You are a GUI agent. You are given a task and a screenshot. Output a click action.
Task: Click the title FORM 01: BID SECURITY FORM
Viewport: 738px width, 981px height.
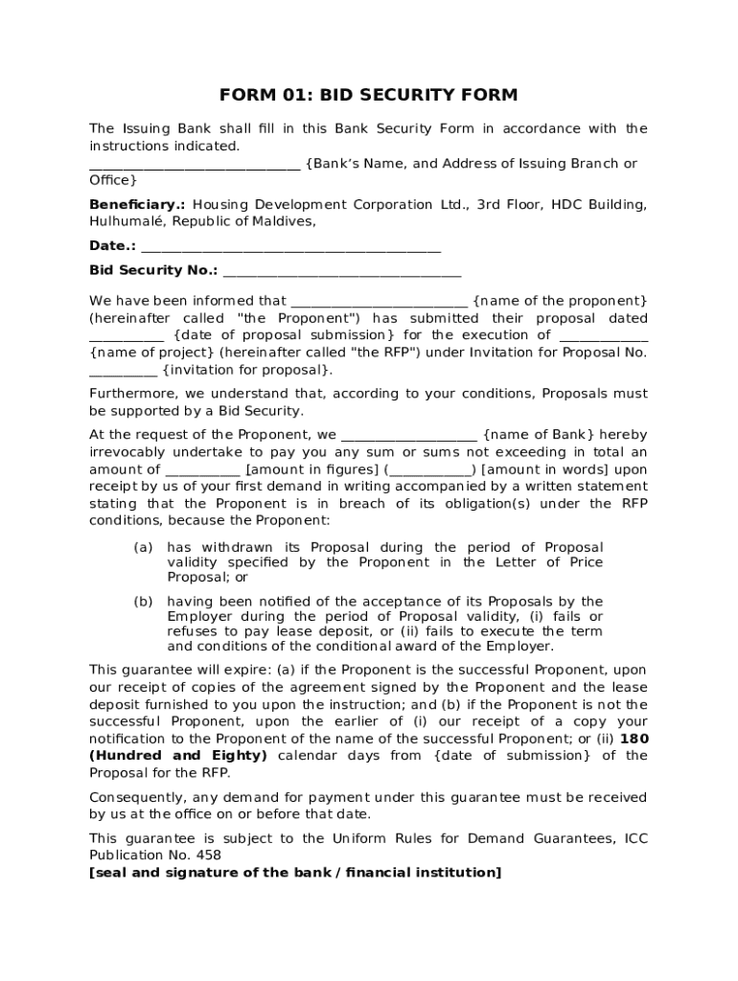[x=368, y=95]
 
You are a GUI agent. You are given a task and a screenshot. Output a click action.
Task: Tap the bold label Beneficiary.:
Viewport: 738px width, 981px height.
[x=138, y=205]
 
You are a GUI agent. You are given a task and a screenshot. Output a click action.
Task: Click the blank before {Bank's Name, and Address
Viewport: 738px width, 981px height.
[x=195, y=166]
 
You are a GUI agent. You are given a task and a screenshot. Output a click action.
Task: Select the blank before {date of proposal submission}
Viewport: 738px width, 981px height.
[x=127, y=337]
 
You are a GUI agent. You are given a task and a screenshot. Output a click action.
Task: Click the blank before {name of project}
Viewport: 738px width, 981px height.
[x=603, y=337]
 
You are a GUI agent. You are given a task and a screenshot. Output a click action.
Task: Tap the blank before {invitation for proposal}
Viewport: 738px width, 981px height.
[x=123, y=372]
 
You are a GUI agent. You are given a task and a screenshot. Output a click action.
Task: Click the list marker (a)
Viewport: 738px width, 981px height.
[x=143, y=548]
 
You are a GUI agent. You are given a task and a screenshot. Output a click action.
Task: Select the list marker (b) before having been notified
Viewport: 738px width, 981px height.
[x=143, y=602]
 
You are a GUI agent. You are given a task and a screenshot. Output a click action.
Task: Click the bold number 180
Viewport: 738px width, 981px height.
[x=634, y=739]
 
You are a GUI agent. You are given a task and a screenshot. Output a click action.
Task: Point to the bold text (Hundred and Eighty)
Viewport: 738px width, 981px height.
[x=178, y=756]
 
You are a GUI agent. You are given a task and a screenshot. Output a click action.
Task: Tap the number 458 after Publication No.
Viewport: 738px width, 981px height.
[x=208, y=856]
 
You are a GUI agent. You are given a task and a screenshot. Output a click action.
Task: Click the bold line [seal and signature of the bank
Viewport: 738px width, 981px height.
[x=295, y=873]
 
